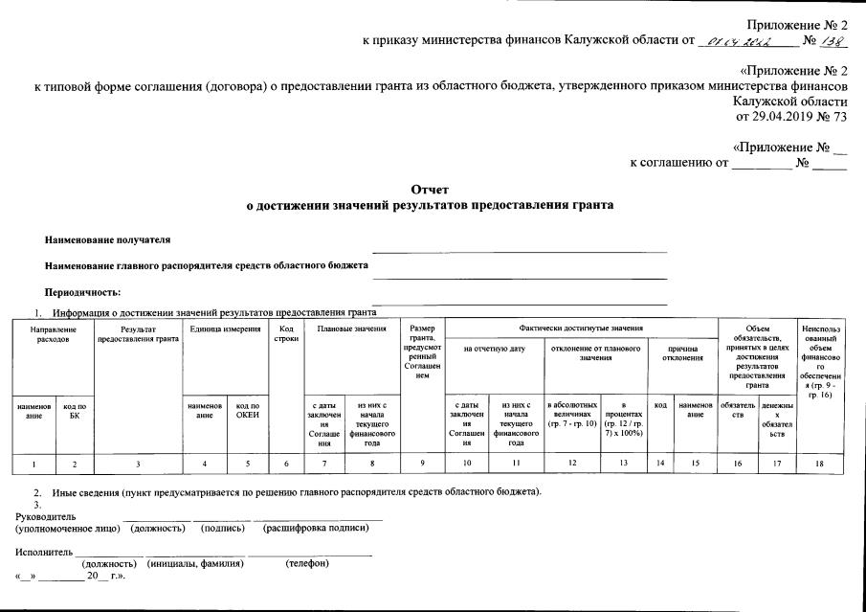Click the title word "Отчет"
point(430,191)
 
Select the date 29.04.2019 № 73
point(791,117)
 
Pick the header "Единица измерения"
point(225,329)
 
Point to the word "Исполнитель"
point(41,553)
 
